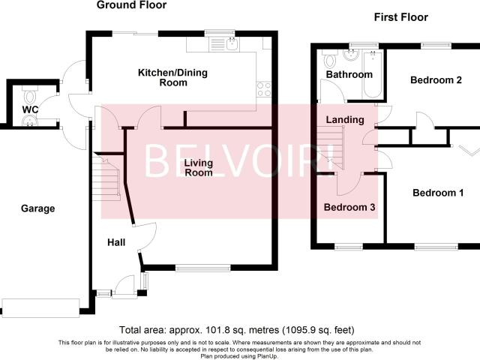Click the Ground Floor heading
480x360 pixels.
(x=132, y=5)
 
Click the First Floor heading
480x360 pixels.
(x=401, y=17)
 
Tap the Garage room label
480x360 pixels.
(x=38, y=208)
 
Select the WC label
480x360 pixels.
(x=30, y=109)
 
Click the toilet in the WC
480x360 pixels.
(x=30, y=94)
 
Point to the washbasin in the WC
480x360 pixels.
(x=30, y=121)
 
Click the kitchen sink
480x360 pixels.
(x=233, y=44)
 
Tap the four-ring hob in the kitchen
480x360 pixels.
(x=263, y=89)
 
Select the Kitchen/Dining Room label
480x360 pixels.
(x=173, y=77)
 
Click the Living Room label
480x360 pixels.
(x=199, y=167)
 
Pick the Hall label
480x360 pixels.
(x=116, y=242)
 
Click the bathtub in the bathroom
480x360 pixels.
(x=373, y=75)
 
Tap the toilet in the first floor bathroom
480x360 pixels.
(x=330, y=59)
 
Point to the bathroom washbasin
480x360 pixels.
(x=350, y=55)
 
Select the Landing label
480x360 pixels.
(x=345, y=120)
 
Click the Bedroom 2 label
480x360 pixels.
(x=436, y=80)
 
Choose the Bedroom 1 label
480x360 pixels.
(x=438, y=193)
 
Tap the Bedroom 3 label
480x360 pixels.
(x=349, y=207)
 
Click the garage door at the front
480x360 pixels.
(x=40, y=308)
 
